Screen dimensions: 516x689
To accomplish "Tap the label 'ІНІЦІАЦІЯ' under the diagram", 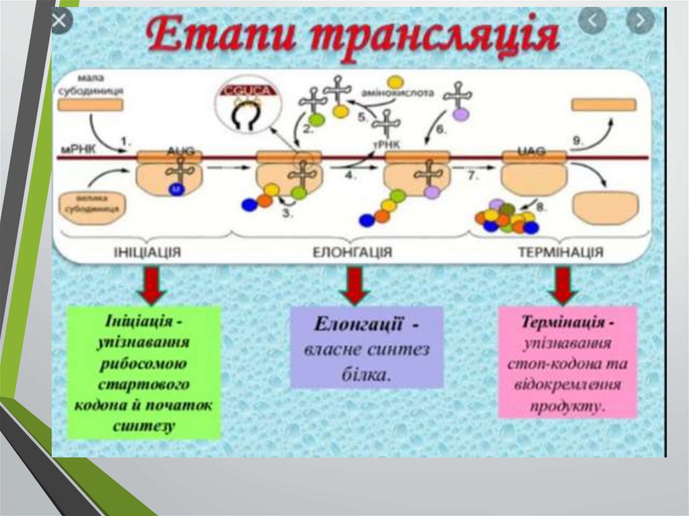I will pyautogui.click(x=148, y=252).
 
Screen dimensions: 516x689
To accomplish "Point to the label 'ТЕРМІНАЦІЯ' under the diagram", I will pyautogui.click(x=560, y=252).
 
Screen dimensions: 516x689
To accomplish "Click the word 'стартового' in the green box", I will pyautogui.click(x=144, y=385).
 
